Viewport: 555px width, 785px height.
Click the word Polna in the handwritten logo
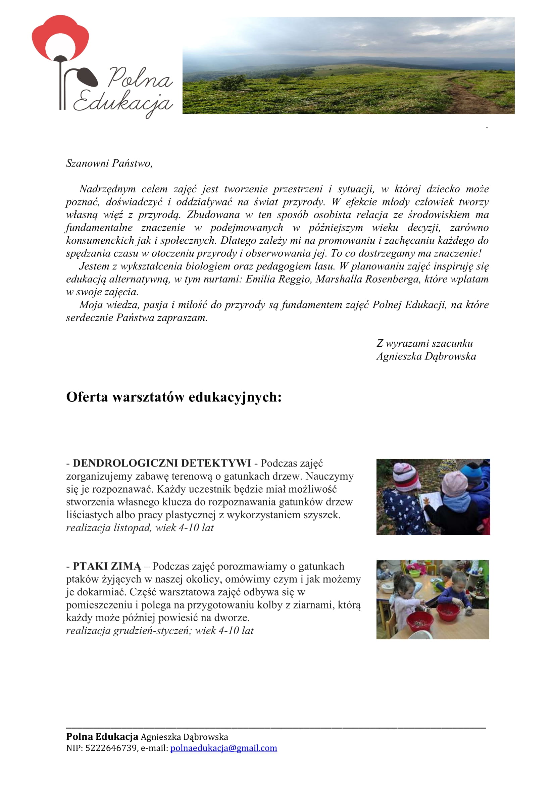140,78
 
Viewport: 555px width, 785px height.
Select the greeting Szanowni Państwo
109,163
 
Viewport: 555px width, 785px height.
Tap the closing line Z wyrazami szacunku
424,343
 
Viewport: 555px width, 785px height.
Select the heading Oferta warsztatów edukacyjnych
173,397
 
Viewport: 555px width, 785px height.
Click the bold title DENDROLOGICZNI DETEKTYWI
162,463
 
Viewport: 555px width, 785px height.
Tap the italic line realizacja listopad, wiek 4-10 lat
140,528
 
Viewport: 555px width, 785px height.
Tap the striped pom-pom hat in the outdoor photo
406,475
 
